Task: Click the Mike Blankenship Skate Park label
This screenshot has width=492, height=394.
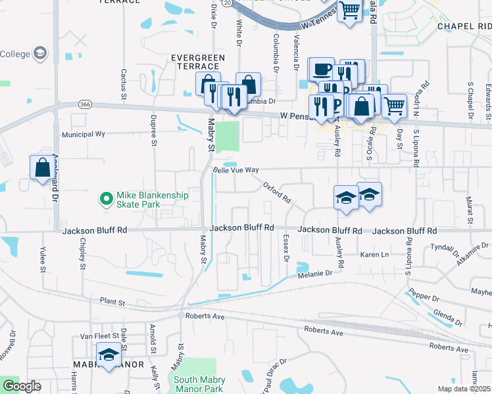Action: tap(152, 200)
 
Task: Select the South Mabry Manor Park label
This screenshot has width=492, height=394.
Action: tap(199, 384)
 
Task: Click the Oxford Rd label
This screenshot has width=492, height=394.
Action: tap(277, 193)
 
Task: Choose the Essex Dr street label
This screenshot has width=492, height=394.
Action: tap(286, 248)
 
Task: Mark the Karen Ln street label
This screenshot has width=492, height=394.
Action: tap(375, 254)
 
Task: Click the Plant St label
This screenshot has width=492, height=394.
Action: tap(112, 302)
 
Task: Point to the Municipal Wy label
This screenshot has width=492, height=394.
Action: tap(84, 133)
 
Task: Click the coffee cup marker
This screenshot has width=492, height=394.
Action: tap(321, 69)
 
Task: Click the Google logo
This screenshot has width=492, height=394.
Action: tap(22, 386)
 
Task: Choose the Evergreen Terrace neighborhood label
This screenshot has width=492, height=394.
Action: tap(195, 62)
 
